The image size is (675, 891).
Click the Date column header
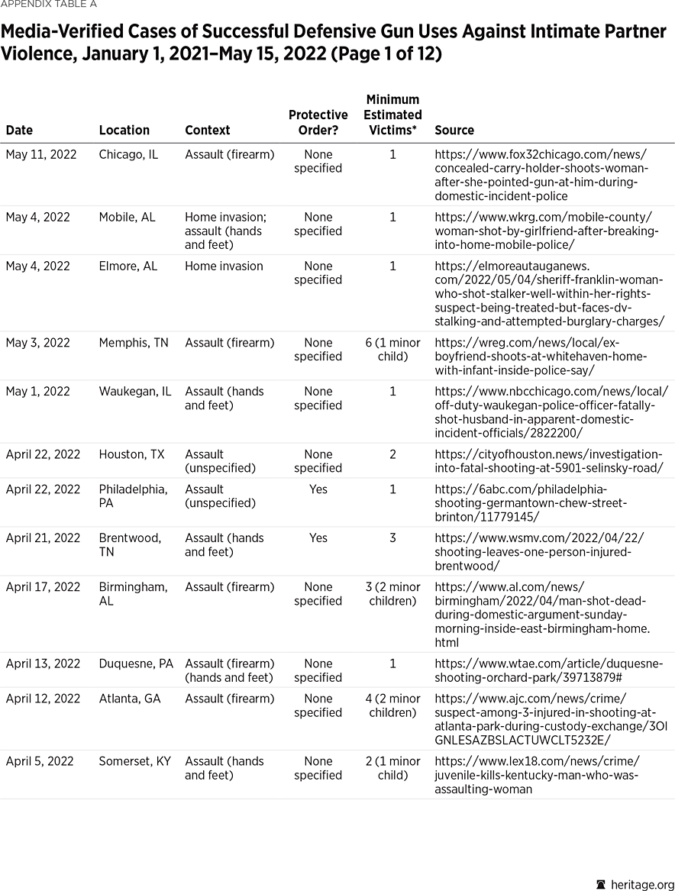(19, 130)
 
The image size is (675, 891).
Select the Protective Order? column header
(318, 122)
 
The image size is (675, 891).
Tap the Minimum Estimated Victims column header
(392, 115)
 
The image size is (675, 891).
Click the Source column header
(454, 130)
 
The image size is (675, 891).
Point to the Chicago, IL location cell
(128, 154)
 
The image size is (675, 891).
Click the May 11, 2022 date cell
(41, 154)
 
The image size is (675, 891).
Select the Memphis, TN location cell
(134, 343)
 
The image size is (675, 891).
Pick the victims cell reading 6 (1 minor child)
(392, 350)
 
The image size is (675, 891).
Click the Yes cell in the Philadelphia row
(318, 489)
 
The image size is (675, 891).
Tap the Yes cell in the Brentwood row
(318, 538)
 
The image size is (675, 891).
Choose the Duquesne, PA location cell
(136, 663)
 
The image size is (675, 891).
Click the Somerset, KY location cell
(134, 761)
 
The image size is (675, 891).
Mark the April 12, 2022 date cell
(43, 699)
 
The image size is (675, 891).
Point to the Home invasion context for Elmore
(224, 266)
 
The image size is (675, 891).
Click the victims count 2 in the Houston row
(392, 454)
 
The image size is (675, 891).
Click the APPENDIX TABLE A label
(48, 5)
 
